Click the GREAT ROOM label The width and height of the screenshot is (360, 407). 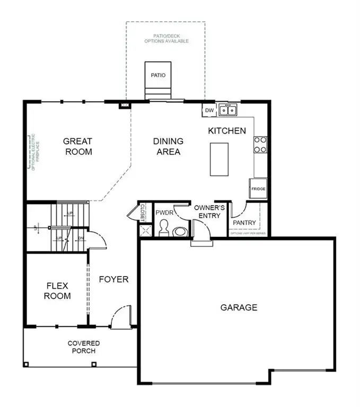(x=77, y=146)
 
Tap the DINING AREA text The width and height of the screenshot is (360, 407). (x=168, y=146)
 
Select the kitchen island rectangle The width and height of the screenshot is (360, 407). (x=220, y=158)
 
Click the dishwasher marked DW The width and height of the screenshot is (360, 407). (x=209, y=110)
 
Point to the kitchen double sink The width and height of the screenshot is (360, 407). (x=228, y=110)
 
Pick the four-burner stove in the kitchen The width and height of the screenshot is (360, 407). (x=260, y=145)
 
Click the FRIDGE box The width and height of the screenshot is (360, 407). (x=258, y=189)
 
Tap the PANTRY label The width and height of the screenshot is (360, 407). (x=244, y=223)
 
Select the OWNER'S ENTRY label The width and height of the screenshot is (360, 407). (x=209, y=211)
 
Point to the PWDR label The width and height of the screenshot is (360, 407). (x=162, y=213)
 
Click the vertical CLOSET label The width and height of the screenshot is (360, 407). (x=143, y=213)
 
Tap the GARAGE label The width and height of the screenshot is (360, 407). (x=239, y=307)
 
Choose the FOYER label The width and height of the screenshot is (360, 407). (x=113, y=279)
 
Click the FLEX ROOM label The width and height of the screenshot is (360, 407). (x=57, y=291)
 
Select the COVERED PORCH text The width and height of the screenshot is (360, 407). (x=83, y=347)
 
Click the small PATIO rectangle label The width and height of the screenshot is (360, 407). (x=157, y=75)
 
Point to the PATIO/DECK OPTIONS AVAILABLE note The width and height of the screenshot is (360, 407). (x=168, y=38)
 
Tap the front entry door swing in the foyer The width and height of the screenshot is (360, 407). (x=121, y=317)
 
